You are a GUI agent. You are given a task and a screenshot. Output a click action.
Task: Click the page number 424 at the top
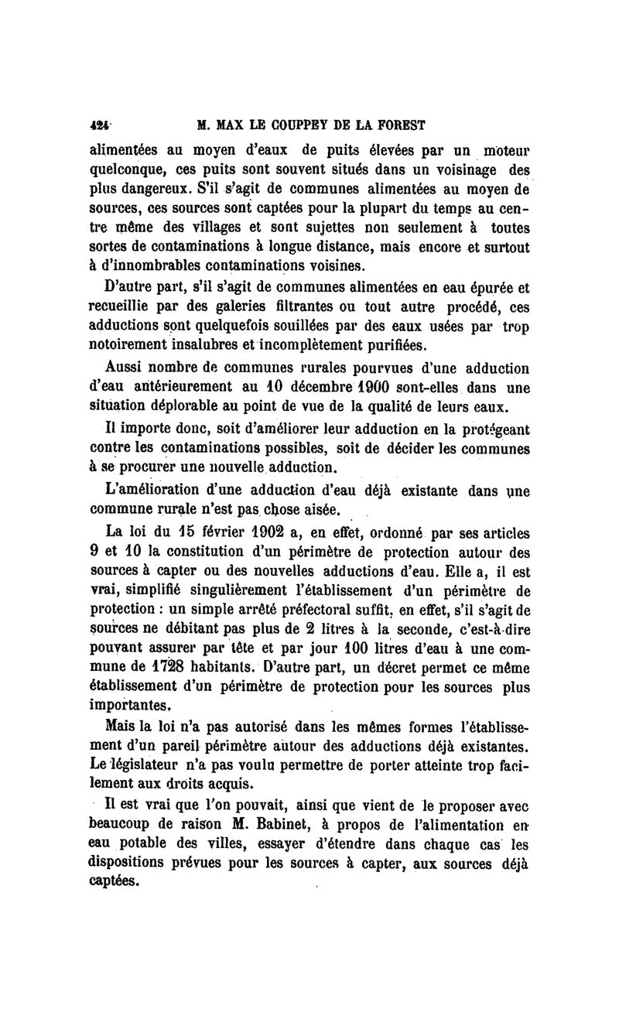pos(99,125)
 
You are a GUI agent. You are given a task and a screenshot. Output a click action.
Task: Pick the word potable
pos(152,846)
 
